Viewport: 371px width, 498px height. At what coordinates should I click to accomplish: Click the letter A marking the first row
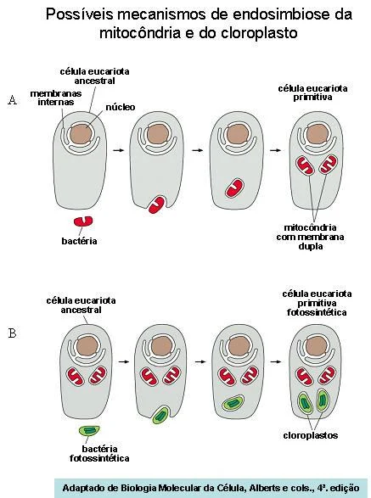13,100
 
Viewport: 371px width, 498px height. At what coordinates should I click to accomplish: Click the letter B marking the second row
12,333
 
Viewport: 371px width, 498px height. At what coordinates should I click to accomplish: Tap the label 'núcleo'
121,107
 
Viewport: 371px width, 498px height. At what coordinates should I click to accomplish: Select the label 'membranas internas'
56,98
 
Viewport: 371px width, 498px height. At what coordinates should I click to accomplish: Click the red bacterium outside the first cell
83,221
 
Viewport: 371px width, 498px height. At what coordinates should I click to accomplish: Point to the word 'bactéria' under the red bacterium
79,241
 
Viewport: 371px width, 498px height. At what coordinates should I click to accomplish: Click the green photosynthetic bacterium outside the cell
89,430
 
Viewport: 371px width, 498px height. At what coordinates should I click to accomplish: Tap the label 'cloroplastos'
310,435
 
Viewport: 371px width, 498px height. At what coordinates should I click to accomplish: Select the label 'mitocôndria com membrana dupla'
310,237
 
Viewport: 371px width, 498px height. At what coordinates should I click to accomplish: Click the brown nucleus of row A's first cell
81,134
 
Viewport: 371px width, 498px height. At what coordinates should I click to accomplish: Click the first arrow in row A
118,150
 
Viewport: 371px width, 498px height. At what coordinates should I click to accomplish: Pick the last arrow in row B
276,361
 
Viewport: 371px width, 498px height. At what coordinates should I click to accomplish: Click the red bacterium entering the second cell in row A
156,204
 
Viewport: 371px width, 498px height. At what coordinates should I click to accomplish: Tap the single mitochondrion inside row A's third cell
235,188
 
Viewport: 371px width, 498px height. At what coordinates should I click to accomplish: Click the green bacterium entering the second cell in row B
160,415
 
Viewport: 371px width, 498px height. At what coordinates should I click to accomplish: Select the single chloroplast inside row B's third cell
233,403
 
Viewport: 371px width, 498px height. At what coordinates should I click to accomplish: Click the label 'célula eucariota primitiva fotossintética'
317,303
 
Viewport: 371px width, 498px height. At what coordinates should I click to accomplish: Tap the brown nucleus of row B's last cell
316,346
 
